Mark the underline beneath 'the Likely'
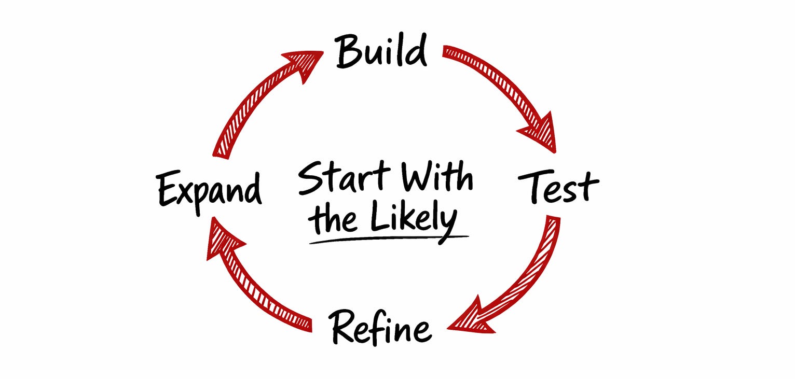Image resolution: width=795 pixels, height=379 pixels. tap(389, 239)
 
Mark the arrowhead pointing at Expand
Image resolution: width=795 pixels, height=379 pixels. tap(221, 238)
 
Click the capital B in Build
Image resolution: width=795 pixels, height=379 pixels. tap(347, 52)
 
